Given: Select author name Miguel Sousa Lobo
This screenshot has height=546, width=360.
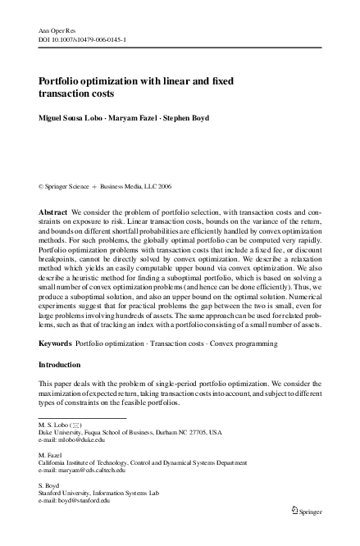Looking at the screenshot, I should [71, 118].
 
